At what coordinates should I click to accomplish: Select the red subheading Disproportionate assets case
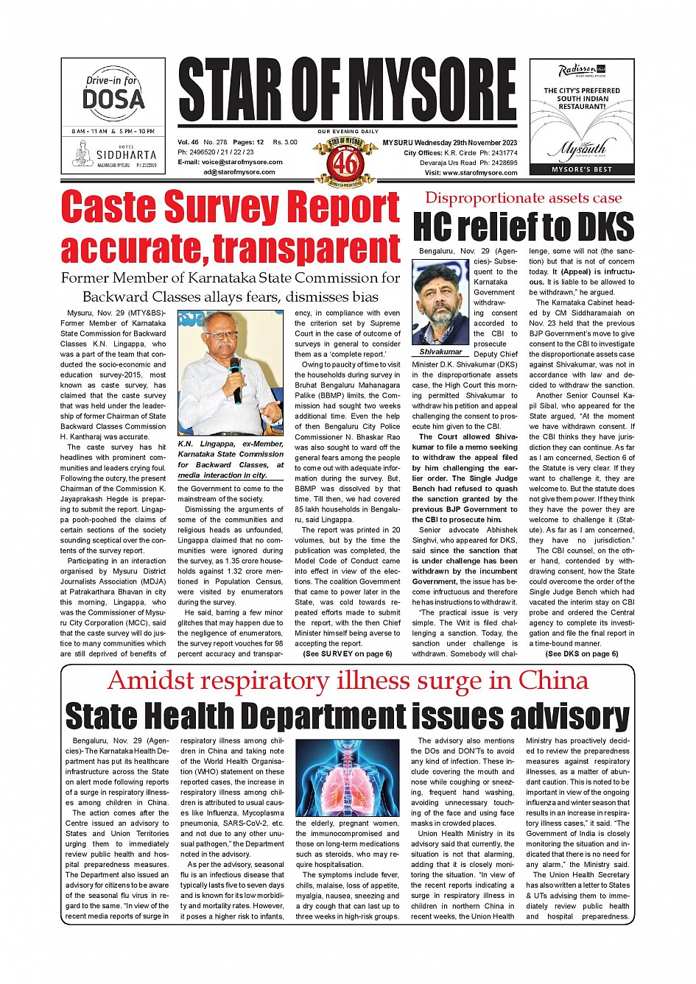(523, 198)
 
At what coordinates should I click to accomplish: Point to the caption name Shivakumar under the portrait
(440, 352)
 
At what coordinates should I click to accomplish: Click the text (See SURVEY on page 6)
(343, 654)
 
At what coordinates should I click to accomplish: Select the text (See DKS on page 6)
(581, 654)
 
